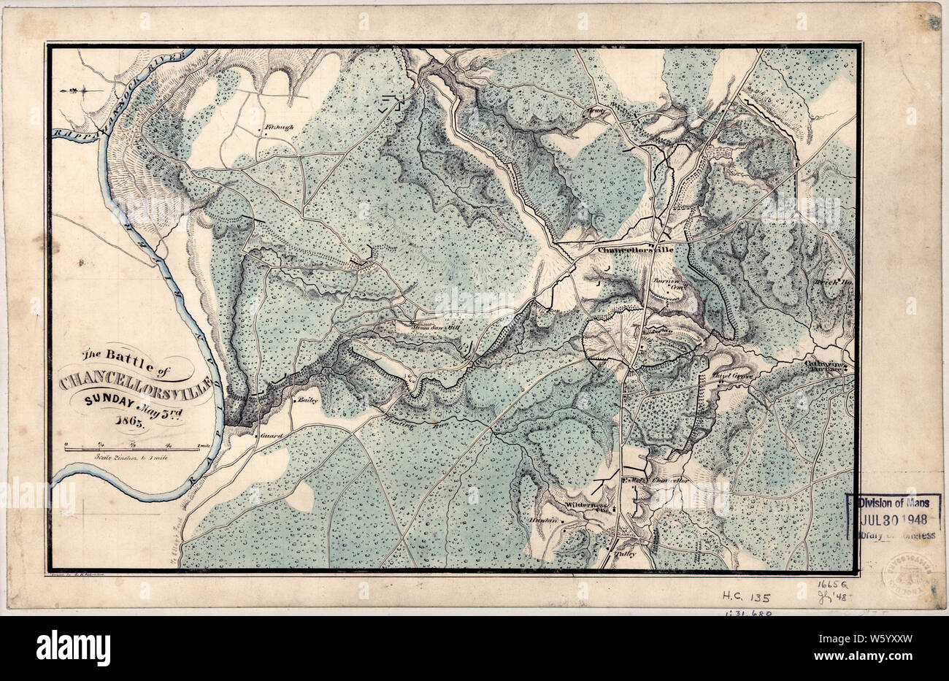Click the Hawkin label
(546, 520)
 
